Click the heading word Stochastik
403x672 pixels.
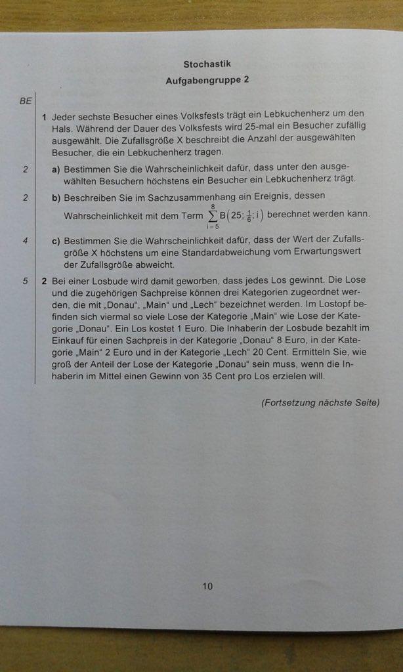click(207, 64)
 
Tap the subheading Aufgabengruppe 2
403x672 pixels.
click(207, 80)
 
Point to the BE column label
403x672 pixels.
click(26, 101)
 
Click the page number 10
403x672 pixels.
click(207, 586)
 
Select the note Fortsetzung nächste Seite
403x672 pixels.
click(320, 402)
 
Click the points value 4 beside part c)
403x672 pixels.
click(25, 241)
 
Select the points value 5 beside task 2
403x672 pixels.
click(25, 281)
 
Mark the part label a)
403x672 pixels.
click(56, 169)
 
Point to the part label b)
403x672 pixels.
click(56, 196)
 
